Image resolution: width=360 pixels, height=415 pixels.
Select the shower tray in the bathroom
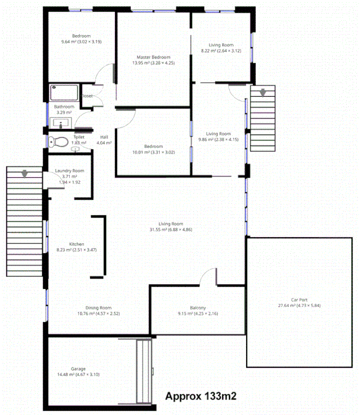coord(64,93)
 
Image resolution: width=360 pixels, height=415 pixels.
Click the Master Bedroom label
coord(153,57)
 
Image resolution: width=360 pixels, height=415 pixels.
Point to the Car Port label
coord(298,300)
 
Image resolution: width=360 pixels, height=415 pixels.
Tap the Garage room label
coord(78,369)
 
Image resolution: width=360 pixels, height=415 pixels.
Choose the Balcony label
coord(198,308)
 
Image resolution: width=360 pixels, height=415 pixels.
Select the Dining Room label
coord(99,308)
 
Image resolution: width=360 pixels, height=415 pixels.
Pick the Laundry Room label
coord(70,171)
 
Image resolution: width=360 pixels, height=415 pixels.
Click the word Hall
coord(104,137)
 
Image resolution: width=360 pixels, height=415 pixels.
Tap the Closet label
coord(86,96)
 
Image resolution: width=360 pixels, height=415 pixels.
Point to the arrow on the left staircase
coord(24,173)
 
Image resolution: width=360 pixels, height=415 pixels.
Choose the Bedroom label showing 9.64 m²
coord(81,36)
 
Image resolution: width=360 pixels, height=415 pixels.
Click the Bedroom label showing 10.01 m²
coord(153,146)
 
